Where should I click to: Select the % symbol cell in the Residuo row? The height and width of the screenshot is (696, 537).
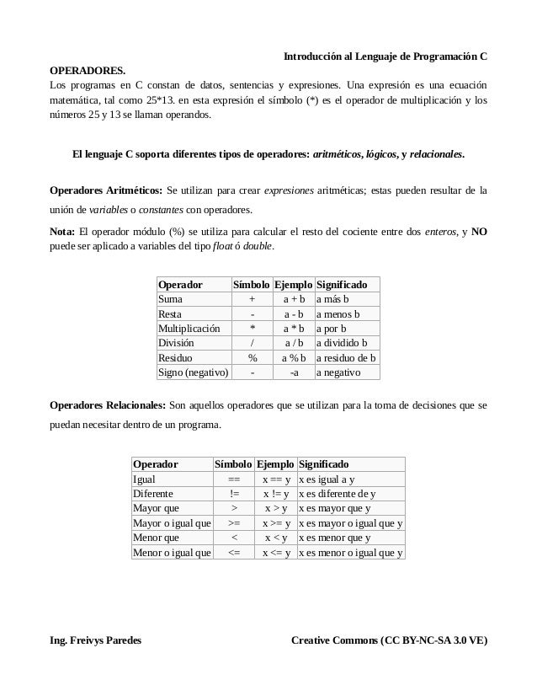click(253, 357)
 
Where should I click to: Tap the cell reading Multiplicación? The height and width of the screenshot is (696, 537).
click(189, 327)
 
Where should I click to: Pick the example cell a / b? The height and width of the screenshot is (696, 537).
click(294, 342)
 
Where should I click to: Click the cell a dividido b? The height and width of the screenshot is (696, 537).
click(342, 342)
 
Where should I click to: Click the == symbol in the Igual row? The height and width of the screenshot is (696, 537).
click(234, 479)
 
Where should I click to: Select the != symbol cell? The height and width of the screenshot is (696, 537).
click(234, 494)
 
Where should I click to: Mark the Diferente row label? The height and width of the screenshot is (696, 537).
click(153, 494)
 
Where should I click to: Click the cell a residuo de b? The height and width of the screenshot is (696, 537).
click(345, 357)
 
